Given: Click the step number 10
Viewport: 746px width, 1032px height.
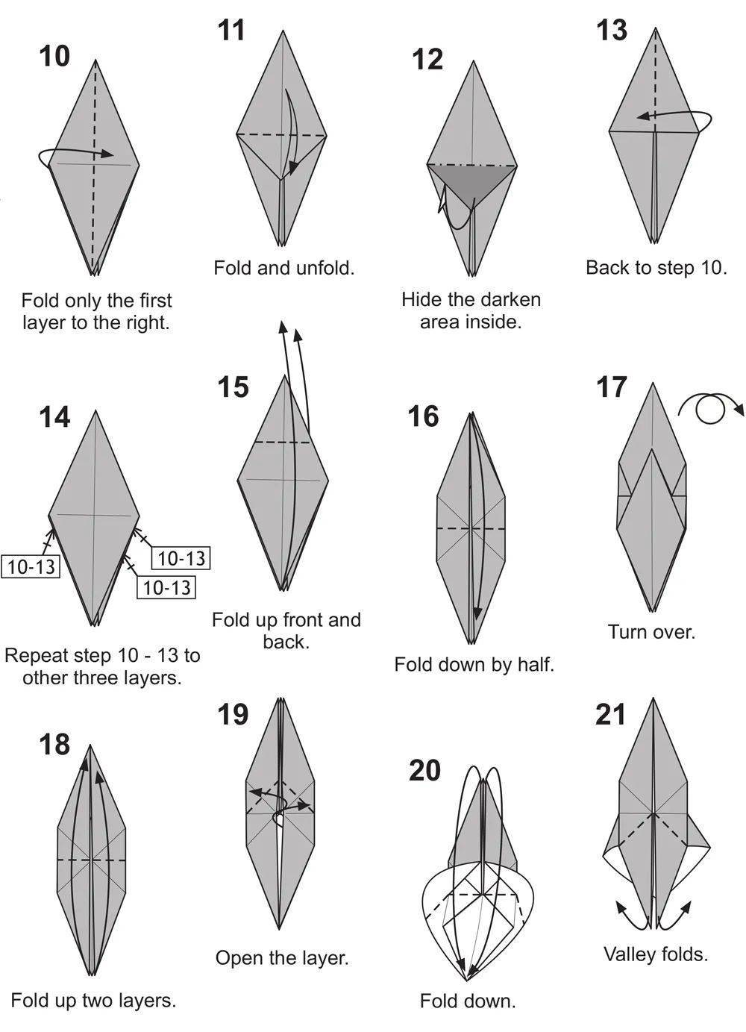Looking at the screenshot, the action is [x=54, y=56].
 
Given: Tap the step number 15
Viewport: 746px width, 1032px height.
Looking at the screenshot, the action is [x=233, y=387].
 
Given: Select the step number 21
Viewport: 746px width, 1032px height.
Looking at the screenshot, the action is [x=611, y=715].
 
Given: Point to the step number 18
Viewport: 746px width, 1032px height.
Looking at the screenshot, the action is [x=54, y=744].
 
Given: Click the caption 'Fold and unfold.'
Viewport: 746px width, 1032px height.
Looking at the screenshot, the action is [x=284, y=268].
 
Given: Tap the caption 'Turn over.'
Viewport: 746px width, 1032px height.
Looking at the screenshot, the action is [x=651, y=631].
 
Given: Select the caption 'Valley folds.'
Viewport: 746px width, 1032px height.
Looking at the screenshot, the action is [x=656, y=954].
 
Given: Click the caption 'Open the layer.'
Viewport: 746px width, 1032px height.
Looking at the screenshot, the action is [x=282, y=958].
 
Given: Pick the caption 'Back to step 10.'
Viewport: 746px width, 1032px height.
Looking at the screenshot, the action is [x=656, y=268].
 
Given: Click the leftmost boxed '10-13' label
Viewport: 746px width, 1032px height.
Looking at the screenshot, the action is [x=31, y=566].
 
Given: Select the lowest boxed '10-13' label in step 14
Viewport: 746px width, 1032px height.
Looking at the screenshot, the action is [x=166, y=587].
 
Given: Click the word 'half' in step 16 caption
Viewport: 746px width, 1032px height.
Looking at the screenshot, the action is [x=536, y=665].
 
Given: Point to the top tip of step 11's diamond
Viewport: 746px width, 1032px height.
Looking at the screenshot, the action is [x=283, y=31].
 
